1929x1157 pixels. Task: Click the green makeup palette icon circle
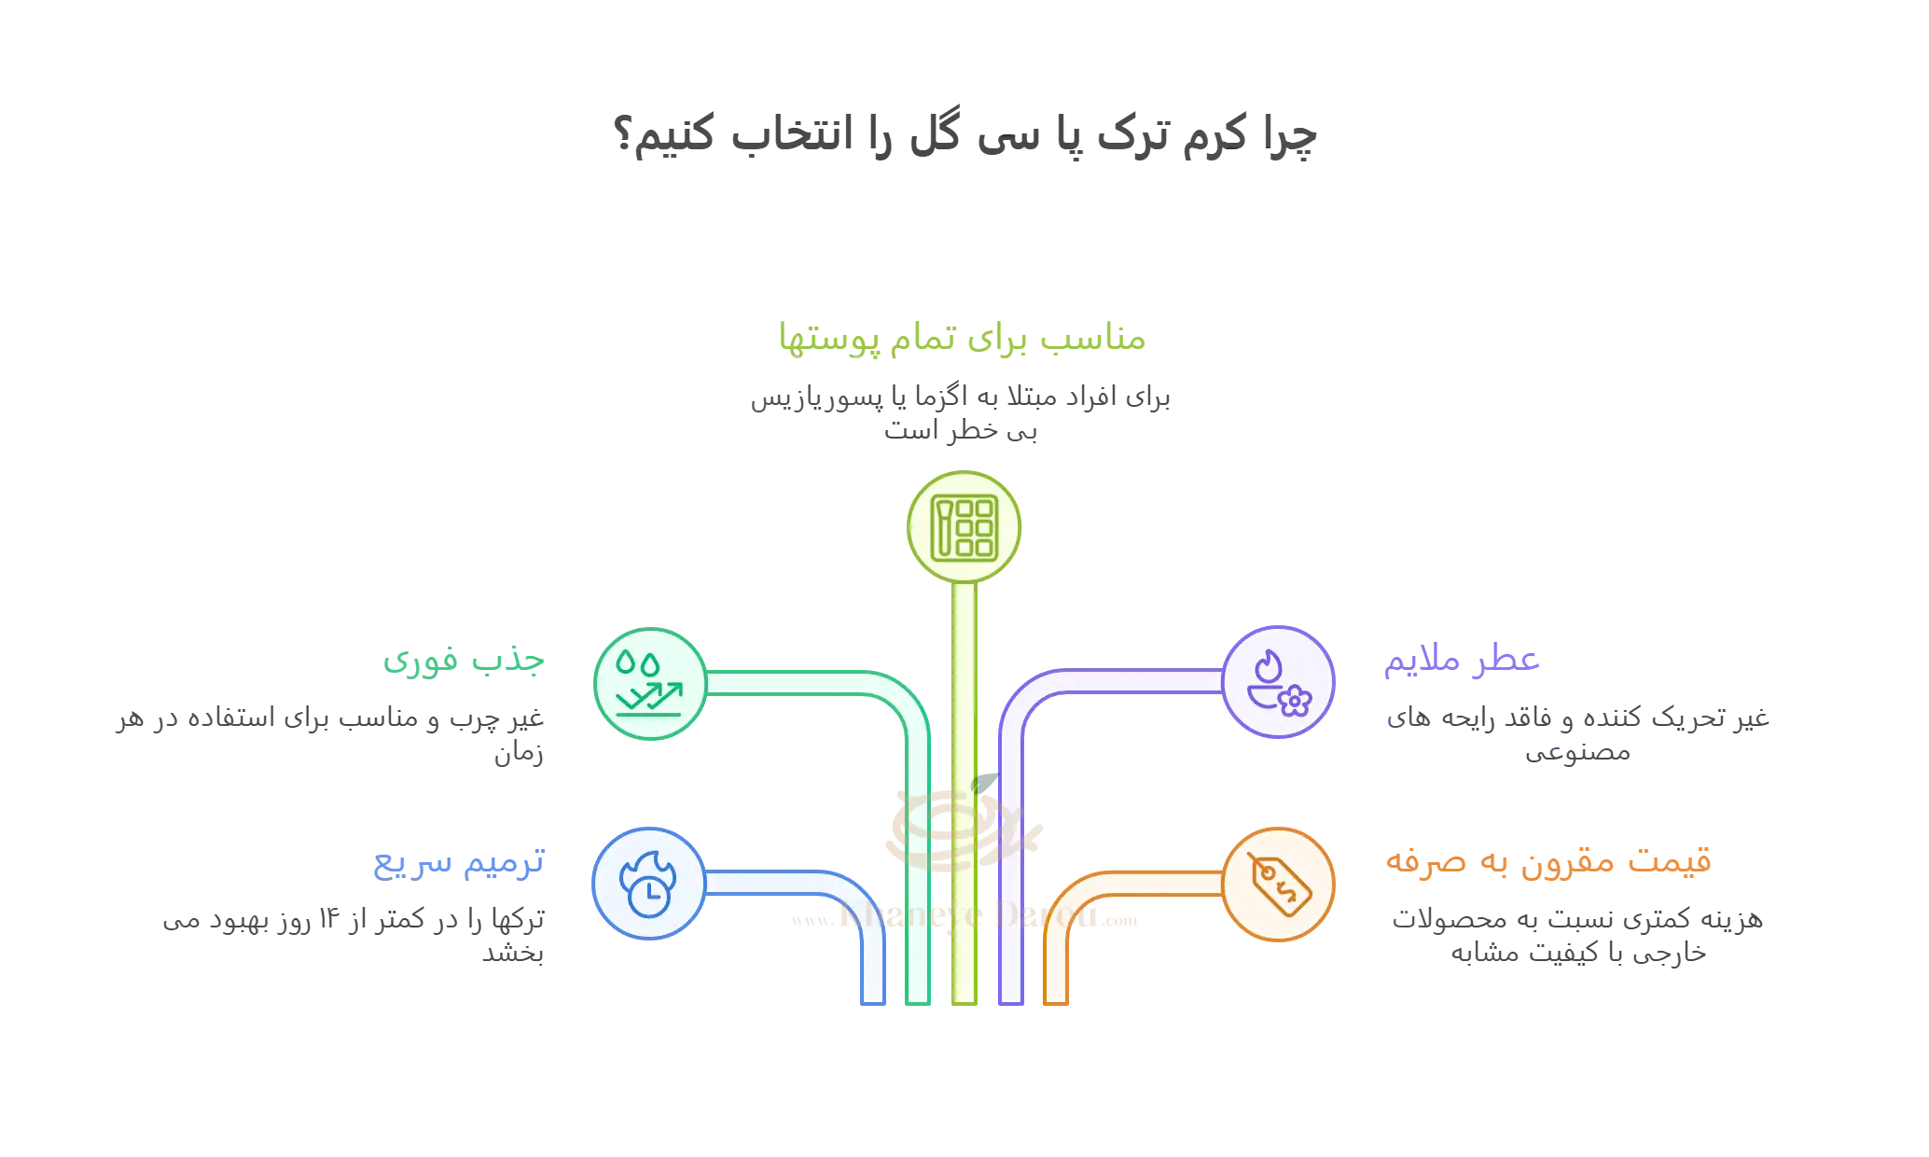point(964,527)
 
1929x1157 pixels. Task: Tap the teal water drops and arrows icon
point(650,684)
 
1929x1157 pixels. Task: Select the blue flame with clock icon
point(648,884)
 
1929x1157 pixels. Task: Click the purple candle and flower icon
point(1278,682)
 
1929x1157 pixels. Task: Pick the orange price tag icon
point(1278,884)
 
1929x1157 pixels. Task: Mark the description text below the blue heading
point(350,935)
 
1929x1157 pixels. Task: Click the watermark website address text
point(964,918)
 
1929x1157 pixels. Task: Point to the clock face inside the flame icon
point(649,897)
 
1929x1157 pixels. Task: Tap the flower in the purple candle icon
point(1295,700)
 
